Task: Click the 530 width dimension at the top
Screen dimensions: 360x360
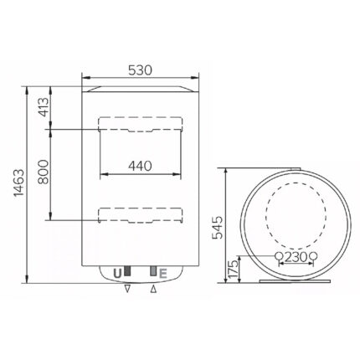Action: pos(141,70)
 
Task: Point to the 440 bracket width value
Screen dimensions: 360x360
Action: pos(140,166)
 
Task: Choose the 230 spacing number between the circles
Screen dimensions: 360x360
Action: pos(294,257)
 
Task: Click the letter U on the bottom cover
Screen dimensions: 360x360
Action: pos(115,272)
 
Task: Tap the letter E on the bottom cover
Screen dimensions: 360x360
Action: pos(164,272)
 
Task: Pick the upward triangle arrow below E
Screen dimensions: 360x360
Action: pos(152,291)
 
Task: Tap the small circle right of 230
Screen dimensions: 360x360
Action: pos(312,256)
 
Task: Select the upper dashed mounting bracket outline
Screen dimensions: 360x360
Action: pos(140,125)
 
